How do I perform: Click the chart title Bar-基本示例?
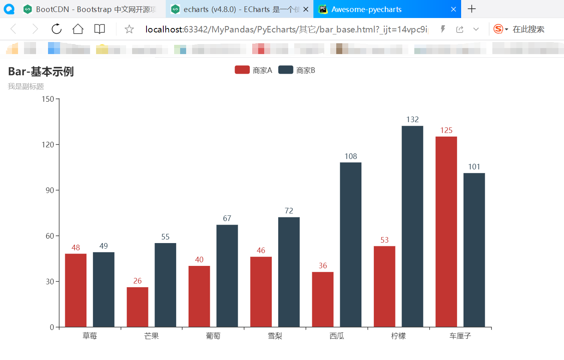coord(41,72)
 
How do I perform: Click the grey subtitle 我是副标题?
coord(26,86)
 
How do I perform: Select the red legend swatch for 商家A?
coord(242,70)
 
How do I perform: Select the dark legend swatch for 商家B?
coord(286,70)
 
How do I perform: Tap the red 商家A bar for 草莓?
coord(76,290)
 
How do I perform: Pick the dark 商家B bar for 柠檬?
coord(412,226)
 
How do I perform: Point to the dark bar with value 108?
coord(351,244)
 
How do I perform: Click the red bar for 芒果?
coord(137,307)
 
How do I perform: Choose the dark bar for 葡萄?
coord(227,276)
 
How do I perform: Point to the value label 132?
coord(412,120)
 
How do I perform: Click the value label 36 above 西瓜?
coord(323,266)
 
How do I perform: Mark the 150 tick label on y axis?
coord(48,99)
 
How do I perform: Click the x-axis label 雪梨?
coord(275,336)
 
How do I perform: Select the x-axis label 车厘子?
coord(460,336)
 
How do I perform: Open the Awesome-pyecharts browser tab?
coord(366,9)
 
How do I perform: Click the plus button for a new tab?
coord(472,9)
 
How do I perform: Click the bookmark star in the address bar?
coord(129,29)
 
